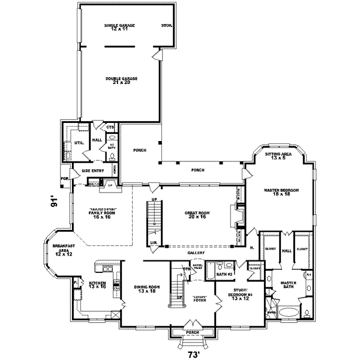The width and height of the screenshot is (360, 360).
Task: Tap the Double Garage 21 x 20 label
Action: tap(118, 80)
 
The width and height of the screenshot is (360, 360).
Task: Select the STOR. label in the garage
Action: tap(166, 26)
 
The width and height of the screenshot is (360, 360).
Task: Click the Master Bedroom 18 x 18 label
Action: tap(281, 192)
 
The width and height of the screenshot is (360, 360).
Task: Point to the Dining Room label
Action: tap(146, 289)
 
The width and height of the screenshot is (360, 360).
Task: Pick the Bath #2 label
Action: tap(224, 274)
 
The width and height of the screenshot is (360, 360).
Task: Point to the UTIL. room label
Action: tap(78, 142)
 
